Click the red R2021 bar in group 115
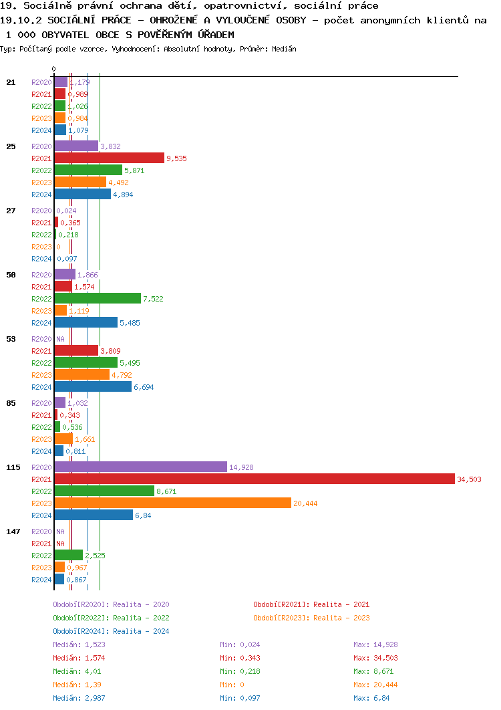click(254, 479)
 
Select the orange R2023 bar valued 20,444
click(172, 503)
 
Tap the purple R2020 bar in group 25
click(76, 146)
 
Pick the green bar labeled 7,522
click(98, 298)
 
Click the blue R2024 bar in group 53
click(93, 386)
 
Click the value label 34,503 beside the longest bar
click(469, 479)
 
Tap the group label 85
click(11, 403)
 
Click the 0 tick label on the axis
click(54, 69)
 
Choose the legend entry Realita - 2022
click(111, 618)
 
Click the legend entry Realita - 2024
click(111, 631)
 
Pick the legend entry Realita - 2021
click(311, 604)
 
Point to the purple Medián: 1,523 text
click(79, 644)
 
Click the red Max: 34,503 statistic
click(375, 658)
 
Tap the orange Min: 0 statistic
click(232, 685)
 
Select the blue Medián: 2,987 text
click(79, 698)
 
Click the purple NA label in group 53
click(60, 339)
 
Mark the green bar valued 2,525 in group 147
click(68, 555)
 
